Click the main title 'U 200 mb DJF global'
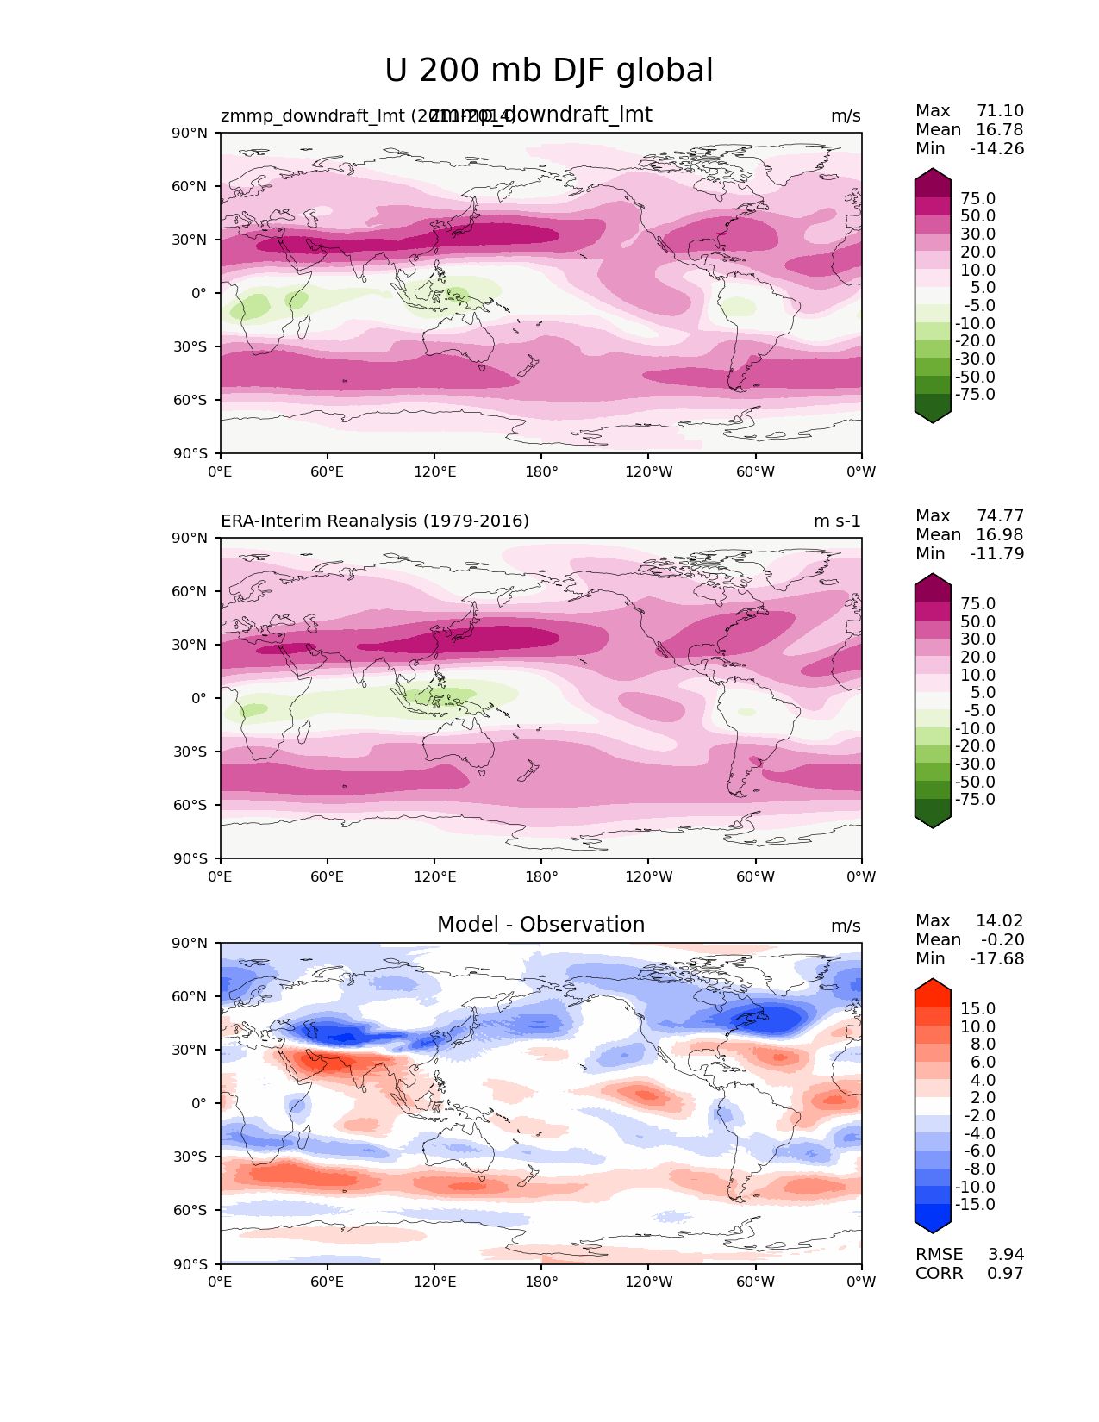click(x=549, y=71)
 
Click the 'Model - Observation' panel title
click(x=540, y=925)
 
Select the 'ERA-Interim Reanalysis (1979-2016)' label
click(x=375, y=521)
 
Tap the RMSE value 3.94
click(x=1006, y=1254)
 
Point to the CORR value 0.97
click(x=1006, y=1273)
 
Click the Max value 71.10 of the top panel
click(x=1000, y=110)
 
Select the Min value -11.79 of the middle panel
click(x=996, y=553)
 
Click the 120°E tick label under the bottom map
click(x=434, y=1282)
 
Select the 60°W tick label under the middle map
click(x=755, y=876)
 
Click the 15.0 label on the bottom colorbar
click(x=977, y=1008)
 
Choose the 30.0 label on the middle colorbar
click(x=977, y=639)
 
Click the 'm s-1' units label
click(x=837, y=521)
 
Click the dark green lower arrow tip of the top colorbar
click(x=933, y=418)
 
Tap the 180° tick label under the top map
click(x=541, y=471)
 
